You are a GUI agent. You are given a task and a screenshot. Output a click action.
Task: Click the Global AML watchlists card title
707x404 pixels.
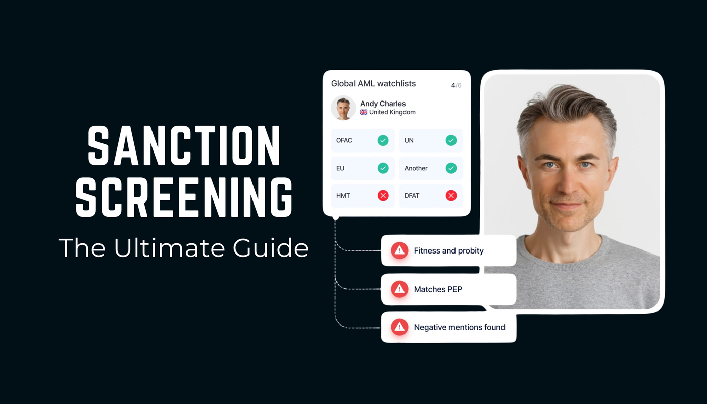[x=373, y=84]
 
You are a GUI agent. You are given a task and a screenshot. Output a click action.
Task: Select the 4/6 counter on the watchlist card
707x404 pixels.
[x=456, y=85]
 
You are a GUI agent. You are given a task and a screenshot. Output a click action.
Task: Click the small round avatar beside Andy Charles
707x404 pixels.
[x=343, y=108]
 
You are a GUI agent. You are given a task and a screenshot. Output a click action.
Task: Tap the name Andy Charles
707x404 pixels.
[x=383, y=104]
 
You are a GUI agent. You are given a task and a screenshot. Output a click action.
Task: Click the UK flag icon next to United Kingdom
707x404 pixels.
[x=364, y=112]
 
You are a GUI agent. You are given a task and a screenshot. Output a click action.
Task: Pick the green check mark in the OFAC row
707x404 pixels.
[x=383, y=140]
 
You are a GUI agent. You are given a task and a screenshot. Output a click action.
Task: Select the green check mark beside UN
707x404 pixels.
[x=451, y=140]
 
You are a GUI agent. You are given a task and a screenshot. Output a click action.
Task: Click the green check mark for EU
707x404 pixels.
[x=383, y=168]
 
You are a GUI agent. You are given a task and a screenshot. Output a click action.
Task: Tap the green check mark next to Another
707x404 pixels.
[x=451, y=168]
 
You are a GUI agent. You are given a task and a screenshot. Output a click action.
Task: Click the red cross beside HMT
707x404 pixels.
[x=383, y=196]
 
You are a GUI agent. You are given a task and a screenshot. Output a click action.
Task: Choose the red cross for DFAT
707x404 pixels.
[x=451, y=196]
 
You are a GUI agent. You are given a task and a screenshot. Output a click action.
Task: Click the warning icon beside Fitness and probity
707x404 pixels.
[x=399, y=250]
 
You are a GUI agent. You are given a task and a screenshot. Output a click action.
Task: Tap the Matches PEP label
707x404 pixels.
[x=438, y=289]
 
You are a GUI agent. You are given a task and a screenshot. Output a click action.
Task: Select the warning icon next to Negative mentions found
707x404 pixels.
[x=399, y=327]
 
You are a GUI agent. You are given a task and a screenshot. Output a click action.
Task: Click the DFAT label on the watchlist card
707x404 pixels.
[x=412, y=196]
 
